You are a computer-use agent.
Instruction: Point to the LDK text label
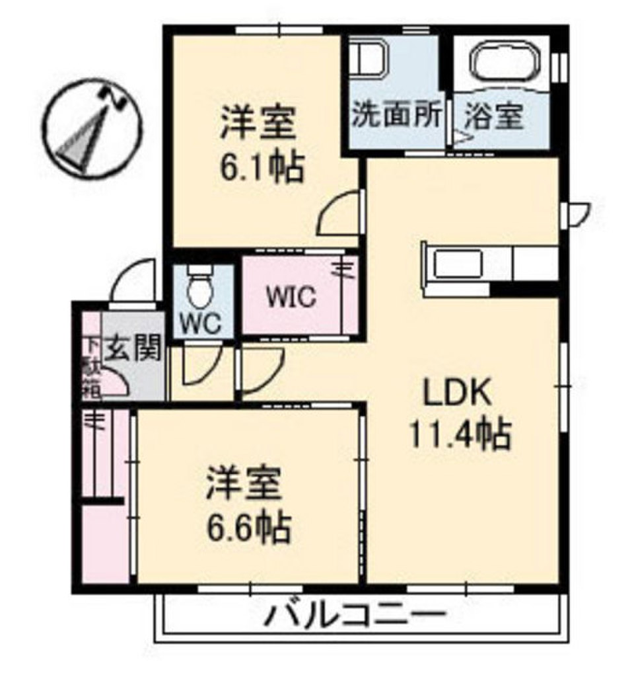(457, 395)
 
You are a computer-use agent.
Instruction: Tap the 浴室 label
(494, 117)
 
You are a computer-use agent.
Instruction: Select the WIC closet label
(291, 297)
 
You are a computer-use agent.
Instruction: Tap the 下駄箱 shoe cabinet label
(90, 368)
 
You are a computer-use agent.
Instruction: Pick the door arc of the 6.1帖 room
(341, 214)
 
